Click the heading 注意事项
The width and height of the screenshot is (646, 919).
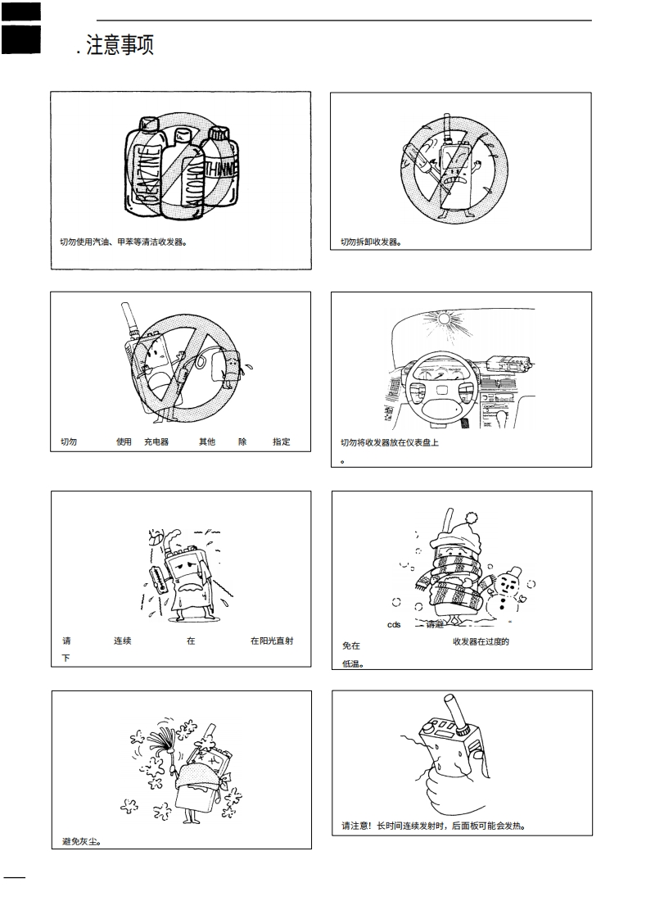coord(118,45)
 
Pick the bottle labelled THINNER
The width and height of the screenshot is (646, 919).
coord(220,172)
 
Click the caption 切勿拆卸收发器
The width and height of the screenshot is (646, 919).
coord(371,242)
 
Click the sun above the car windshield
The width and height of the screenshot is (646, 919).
coord(445,318)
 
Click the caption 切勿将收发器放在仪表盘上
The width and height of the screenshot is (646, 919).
coord(390,442)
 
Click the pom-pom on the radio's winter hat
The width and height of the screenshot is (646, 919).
coord(472,518)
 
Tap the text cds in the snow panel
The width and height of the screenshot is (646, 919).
coord(394,625)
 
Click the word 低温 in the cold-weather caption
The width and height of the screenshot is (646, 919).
coord(352,663)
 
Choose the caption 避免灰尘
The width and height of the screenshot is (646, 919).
coord(81,841)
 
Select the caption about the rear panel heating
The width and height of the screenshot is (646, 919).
coord(433,825)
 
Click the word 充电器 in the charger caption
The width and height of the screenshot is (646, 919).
coord(156,442)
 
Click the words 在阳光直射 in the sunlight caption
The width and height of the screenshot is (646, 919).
coord(272,641)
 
